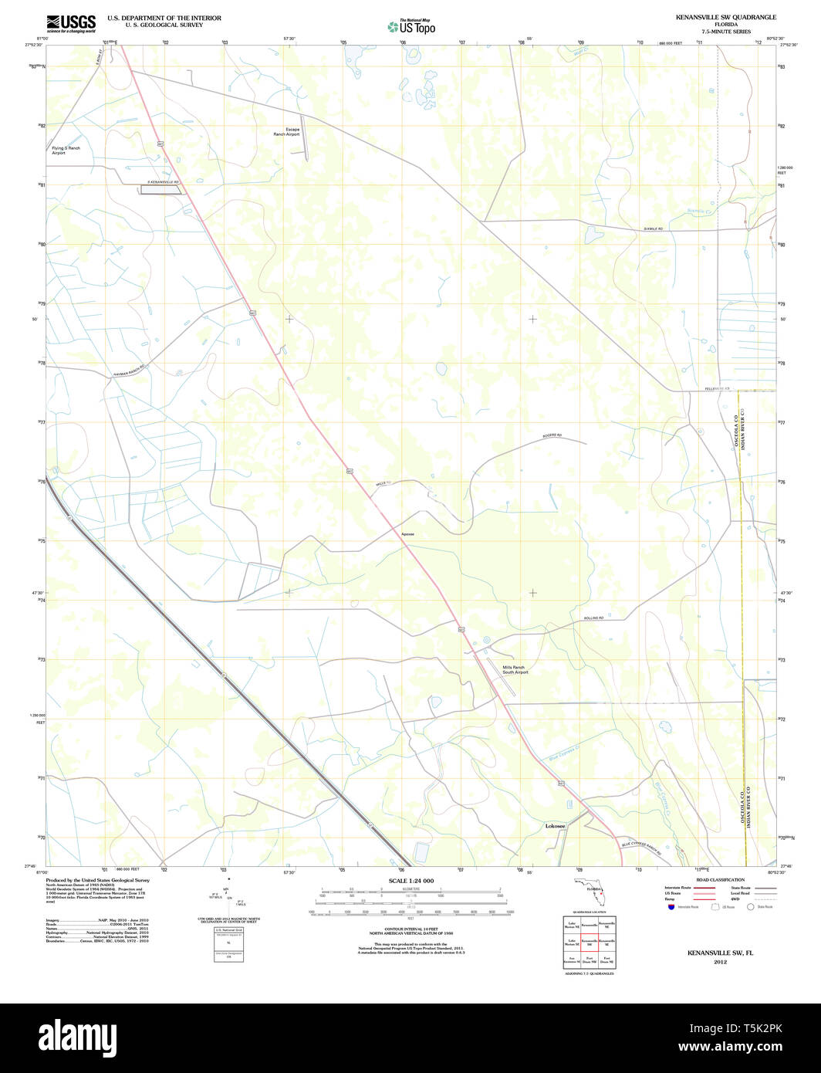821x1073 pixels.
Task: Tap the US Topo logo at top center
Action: pos(410,26)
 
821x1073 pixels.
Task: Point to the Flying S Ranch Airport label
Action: pos(66,151)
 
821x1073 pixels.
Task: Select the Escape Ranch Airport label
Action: pos(286,131)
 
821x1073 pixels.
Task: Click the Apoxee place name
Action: pos(407,533)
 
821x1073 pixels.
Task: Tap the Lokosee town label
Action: pos(556,826)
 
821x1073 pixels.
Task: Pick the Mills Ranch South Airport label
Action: pos(515,669)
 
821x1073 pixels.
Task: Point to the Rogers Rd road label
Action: pos(553,437)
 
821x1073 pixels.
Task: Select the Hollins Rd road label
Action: pos(593,618)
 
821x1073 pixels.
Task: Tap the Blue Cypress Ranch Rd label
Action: pos(641,848)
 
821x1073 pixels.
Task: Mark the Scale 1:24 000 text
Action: pos(410,881)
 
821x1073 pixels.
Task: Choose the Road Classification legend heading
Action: pos(719,880)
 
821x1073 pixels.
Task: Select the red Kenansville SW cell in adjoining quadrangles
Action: pos(590,943)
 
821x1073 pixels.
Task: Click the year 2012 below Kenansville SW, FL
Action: pos(720,962)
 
